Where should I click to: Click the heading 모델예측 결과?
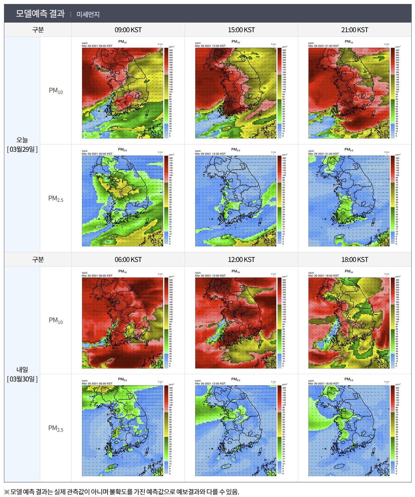40,14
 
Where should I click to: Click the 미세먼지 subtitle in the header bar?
88,14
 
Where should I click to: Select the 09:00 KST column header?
128,30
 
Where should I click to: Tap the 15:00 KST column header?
241,30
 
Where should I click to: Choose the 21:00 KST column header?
355,30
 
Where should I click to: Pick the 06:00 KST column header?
128,260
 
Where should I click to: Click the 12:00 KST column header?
241,260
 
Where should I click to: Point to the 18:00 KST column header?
355,260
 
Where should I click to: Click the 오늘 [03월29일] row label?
22,144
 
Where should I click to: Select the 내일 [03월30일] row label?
22,374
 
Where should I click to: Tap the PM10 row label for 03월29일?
56,91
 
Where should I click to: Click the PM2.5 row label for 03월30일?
56,428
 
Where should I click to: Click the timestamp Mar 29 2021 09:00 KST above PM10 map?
97,46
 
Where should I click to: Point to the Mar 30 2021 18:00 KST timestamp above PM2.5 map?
323,383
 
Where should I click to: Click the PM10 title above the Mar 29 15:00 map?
235,41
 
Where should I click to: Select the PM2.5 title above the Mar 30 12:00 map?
235,379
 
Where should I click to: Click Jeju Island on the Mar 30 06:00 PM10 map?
113,359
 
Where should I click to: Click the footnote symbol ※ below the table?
7,492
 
